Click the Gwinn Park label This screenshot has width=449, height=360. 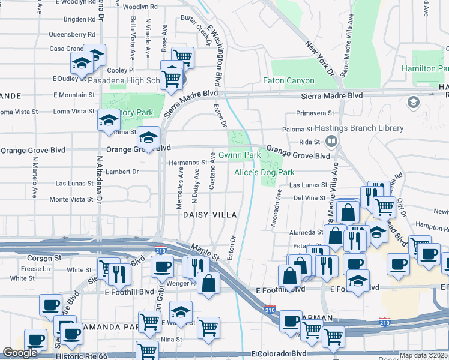pos(239,155)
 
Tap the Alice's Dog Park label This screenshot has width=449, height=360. pos(264,172)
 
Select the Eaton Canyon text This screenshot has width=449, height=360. pos(289,80)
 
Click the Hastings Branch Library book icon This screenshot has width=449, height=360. pos(330,141)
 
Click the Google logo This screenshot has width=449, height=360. pos(20,353)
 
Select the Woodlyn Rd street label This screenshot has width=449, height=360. pos(140,7)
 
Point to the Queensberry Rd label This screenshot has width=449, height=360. pos(72,35)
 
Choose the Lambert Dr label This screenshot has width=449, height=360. pos(122,172)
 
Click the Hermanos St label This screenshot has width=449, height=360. pos(188,162)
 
